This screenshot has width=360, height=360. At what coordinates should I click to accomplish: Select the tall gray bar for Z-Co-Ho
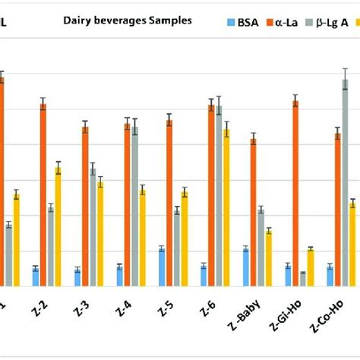346,182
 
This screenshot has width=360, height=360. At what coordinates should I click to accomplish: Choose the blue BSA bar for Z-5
162,267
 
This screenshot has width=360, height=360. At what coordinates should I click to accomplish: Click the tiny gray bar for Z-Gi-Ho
303,279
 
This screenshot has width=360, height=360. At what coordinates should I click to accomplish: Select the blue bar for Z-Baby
245,267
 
